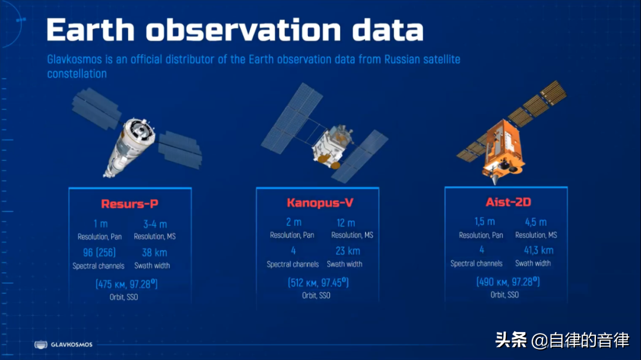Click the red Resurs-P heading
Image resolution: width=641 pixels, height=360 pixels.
pos(129,203)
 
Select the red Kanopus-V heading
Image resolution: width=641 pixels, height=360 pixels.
pos(320,202)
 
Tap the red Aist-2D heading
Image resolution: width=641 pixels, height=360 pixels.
pos(508,202)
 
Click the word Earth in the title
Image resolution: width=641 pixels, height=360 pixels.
pos(91,30)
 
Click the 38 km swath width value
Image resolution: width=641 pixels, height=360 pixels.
pos(154,253)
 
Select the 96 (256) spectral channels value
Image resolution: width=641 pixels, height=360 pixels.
pos(99,253)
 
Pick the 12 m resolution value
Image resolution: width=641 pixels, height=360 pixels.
pos(346,223)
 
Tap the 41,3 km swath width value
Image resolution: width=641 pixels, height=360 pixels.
pos(538,250)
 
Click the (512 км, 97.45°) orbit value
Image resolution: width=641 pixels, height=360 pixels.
pos(318,282)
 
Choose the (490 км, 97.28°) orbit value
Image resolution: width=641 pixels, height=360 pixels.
pos(507,282)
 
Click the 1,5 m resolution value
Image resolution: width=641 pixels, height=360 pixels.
pos(484,221)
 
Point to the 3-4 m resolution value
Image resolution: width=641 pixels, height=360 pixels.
pos(155,224)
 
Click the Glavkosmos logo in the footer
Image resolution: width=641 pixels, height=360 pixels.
pos(64,345)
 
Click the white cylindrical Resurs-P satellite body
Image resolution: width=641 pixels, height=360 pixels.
pos(130,146)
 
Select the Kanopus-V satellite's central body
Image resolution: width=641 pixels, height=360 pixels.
pos(332,146)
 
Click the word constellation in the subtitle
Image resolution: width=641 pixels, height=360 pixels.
pos(77,74)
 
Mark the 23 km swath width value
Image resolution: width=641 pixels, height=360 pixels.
pos(348,251)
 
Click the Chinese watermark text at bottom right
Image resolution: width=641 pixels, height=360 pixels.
pos(562,340)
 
